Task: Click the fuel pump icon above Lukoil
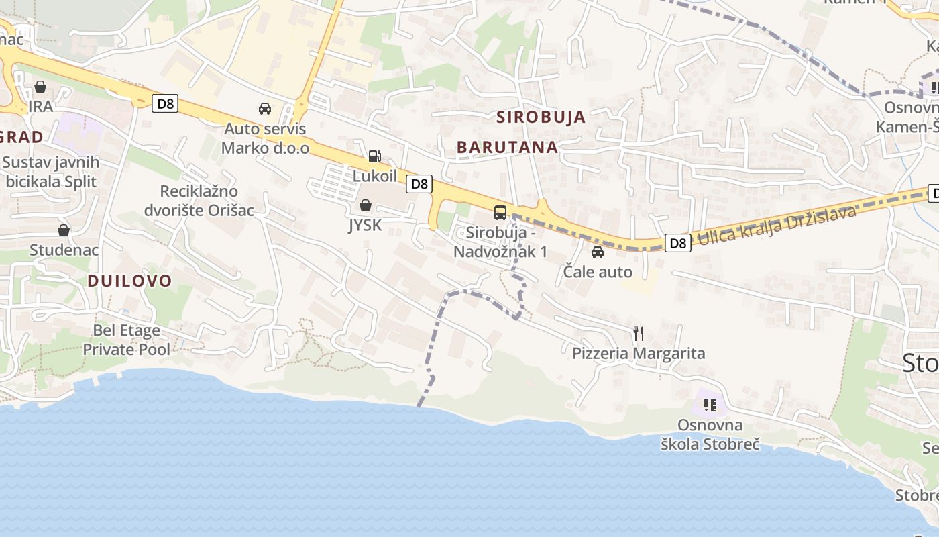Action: coord(374,156)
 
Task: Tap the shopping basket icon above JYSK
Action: coord(366,205)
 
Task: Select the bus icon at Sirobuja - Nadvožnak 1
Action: coord(500,213)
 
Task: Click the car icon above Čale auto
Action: coord(597,252)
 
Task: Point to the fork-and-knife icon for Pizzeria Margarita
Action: coord(639,333)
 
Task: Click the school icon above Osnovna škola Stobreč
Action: coord(710,405)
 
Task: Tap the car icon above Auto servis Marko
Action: coord(265,109)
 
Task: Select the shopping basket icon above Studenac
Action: coord(64,230)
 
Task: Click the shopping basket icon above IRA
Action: coord(40,87)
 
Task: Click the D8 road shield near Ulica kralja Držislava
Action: coord(678,243)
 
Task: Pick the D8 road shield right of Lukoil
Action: coord(419,183)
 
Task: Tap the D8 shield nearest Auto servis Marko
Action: coord(164,103)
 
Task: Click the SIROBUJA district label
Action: coord(541,117)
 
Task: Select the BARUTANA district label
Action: coord(507,147)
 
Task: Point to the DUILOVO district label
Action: coord(130,281)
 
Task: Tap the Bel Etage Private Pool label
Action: coord(126,340)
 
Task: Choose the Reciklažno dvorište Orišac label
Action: coord(199,201)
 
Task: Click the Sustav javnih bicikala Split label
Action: coord(51,172)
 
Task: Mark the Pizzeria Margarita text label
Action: coord(639,353)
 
